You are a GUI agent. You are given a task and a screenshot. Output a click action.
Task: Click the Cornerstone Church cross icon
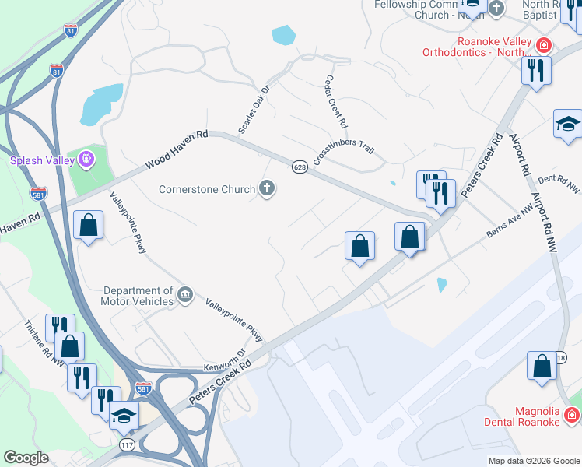[x=267, y=188]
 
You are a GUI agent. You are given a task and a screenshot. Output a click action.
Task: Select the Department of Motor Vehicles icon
[x=184, y=294]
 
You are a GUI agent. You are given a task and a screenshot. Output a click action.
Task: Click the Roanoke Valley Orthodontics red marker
[x=542, y=45]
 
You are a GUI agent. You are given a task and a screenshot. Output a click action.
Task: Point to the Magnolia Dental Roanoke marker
[x=571, y=416]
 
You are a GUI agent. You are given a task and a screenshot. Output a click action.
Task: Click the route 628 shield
[x=300, y=167]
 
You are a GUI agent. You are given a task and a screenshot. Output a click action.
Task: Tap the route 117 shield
[x=128, y=444]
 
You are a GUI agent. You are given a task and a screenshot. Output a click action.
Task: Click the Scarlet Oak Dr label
[x=254, y=110]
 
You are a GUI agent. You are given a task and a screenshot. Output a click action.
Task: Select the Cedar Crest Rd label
[x=336, y=103]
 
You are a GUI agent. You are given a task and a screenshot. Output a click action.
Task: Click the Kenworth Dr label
[x=224, y=360]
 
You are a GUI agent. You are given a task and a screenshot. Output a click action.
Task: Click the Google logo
[x=26, y=458]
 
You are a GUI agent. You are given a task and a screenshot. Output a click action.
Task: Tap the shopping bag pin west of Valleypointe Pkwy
[x=89, y=225]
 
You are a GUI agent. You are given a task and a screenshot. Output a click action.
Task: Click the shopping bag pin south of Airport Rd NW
[x=542, y=366]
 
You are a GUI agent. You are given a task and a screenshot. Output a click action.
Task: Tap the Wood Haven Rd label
[x=176, y=150]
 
